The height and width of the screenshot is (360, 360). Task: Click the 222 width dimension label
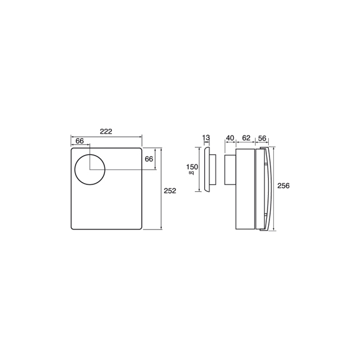click(x=106, y=131)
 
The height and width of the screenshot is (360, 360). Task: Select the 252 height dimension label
click(x=170, y=191)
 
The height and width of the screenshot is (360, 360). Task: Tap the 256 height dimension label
click(x=283, y=186)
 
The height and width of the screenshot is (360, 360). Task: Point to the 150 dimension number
click(x=192, y=167)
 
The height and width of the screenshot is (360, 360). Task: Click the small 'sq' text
click(x=191, y=172)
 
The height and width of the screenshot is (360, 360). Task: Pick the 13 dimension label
click(x=206, y=137)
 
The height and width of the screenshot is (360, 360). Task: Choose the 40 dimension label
click(x=230, y=138)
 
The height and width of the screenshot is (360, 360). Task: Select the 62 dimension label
click(x=246, y=138)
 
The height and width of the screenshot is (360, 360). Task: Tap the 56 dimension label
click(x=262, y=138)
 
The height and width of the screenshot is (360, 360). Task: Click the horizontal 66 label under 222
click(x=79, y=141)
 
